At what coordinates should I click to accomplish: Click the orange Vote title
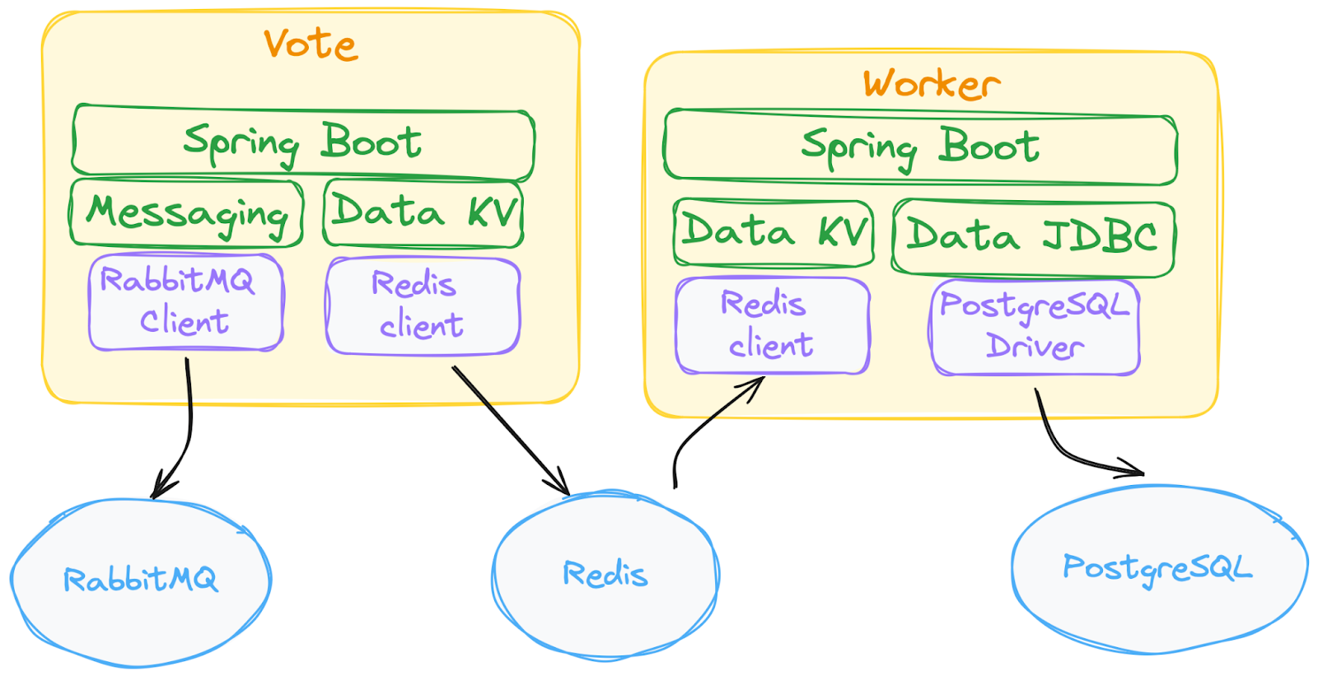311,44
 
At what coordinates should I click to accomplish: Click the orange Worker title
932,84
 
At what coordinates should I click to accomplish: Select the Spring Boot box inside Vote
302,142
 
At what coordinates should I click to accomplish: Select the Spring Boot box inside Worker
920,147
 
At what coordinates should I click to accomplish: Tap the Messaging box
187,212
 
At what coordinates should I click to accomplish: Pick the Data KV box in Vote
423,212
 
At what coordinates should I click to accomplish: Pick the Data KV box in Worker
774,232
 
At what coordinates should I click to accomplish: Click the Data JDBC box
1033,237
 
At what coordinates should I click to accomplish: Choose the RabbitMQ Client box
185,301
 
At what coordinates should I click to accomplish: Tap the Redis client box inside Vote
422,305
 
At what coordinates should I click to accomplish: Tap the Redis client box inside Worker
771,325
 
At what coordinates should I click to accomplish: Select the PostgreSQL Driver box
1035,327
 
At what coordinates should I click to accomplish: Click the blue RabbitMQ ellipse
141,581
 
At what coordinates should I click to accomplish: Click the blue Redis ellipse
605,574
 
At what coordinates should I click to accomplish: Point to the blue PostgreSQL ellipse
1157,568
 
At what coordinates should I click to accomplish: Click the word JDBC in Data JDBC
1100,237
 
